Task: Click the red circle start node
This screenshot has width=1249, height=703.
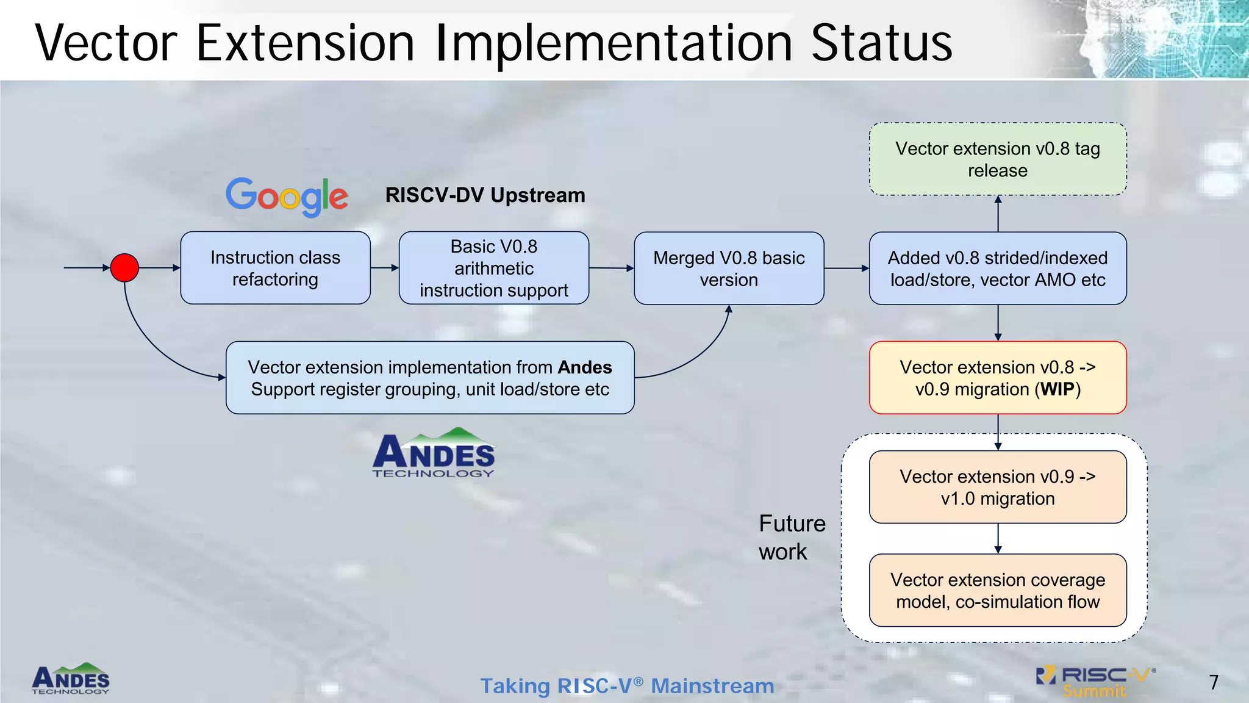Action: [x=124, y=267]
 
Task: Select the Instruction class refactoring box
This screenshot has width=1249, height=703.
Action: [x=275, y=268]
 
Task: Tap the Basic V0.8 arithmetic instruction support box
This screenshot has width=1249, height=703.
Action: [x=493, y=268]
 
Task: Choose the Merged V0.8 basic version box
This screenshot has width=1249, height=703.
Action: [x=729, y=269]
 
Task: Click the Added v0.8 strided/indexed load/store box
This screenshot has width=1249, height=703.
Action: [x=997, y=269]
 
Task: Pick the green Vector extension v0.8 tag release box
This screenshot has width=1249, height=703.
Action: [x=997, y=159]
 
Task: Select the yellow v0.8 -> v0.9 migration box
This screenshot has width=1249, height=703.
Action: [x=997, y=378]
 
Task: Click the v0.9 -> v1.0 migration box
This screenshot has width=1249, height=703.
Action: [x=997, y=487]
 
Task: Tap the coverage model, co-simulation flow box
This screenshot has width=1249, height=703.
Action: [x=997, y=590]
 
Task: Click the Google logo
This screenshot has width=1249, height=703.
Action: [x=287, y=196]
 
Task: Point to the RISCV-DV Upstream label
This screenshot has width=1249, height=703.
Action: [x=485, y=195]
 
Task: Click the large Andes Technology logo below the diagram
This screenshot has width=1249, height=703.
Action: [x=434, y=453]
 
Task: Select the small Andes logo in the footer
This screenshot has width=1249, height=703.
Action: [x=71, y=679]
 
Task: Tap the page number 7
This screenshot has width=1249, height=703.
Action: [x=1214, y=682]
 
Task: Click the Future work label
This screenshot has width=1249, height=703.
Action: [x=791, y=537]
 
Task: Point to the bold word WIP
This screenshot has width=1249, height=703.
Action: [x=1058, y=389]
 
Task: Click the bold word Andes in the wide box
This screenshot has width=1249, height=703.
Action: [x=584, y=367]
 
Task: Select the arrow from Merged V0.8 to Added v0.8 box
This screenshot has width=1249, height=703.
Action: [x=846, y=269]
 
